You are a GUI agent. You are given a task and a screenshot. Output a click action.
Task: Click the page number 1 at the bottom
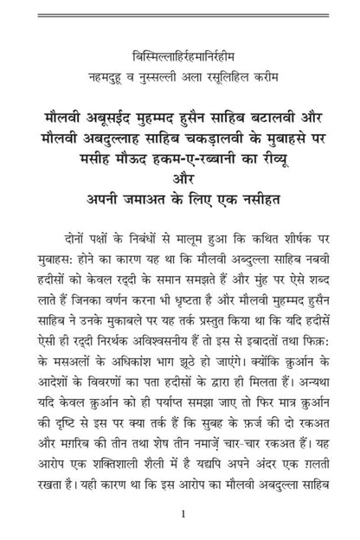tap(180, 515)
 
